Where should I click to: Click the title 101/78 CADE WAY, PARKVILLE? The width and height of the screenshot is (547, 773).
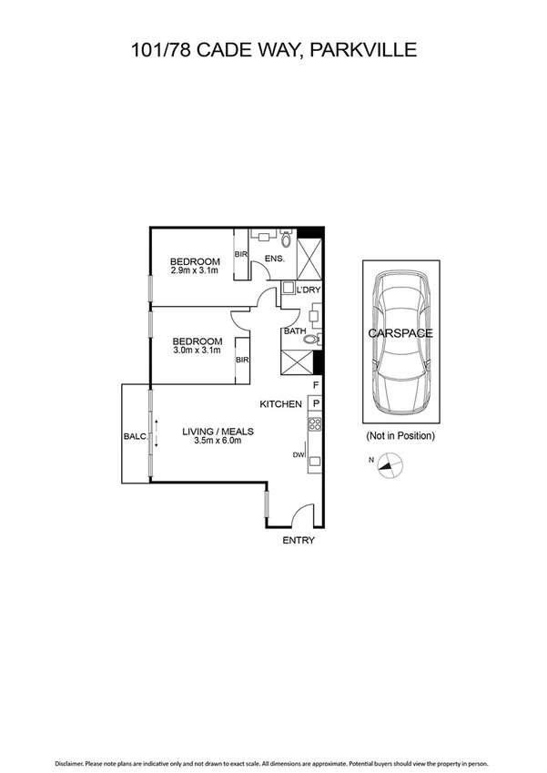(273, 49)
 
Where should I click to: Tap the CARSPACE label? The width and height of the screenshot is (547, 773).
(400, 333)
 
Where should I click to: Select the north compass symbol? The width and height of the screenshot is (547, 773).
(389, 467)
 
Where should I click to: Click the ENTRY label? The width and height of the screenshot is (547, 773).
(299, 541)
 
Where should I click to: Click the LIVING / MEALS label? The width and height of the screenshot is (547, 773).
(218, 432)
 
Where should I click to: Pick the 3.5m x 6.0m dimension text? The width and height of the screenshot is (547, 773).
(218, 442)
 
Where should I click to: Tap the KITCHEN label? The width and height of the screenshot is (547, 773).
(281, 403)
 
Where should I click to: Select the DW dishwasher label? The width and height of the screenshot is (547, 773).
(298, 455)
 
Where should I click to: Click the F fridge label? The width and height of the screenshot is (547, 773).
(316, 386)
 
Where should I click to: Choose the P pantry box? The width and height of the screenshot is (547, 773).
(316, 403)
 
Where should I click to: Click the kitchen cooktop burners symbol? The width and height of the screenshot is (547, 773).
(315, 424)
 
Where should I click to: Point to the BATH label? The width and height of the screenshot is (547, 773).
(295, 331)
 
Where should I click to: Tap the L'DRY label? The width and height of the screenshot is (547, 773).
(309, 290)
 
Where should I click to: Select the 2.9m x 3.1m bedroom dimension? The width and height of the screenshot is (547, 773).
(195, 271)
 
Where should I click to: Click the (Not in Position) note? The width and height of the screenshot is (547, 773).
(400, 436)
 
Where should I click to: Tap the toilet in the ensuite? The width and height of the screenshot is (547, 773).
(286, 241)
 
